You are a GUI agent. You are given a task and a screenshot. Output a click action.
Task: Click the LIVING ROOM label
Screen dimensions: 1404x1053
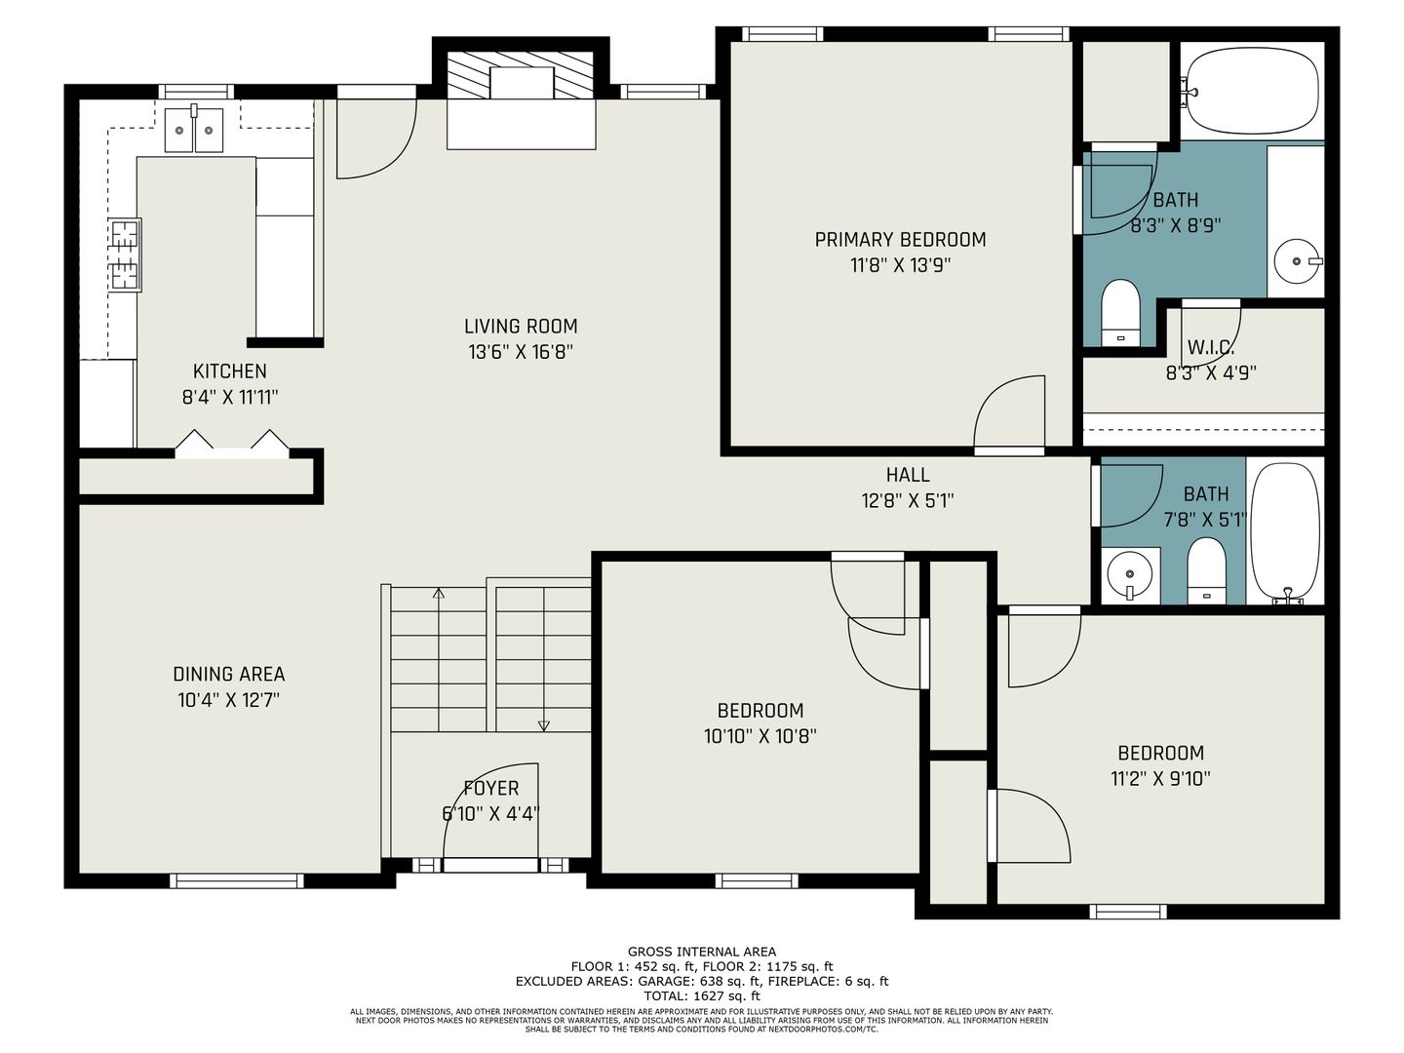(521, 327)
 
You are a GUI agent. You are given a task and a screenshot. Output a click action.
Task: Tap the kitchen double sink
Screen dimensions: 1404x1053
(194, 130)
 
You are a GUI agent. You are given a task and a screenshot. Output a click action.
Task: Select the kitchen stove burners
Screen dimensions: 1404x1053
(125, 255)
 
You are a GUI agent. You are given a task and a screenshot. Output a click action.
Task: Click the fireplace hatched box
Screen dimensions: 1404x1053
(521, 75)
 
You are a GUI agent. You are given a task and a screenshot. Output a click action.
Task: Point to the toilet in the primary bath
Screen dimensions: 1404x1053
(1121, 313)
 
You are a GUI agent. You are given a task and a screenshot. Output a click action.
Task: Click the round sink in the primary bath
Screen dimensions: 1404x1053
(1297, 261)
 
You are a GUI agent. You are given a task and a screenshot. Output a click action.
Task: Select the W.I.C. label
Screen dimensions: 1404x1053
(1211, 348)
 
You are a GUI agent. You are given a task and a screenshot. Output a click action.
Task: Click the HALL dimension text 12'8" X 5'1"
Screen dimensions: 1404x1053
(908, 500)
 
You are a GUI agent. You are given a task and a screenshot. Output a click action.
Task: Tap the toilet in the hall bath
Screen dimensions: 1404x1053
(1206, 570)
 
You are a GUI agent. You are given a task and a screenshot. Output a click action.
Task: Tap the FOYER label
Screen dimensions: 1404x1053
(491, 789)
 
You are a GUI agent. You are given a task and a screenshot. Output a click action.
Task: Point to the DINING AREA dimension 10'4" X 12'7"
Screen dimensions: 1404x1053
(229, 700)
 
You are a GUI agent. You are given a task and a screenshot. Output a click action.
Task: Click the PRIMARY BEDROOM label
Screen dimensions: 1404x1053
(900, 240)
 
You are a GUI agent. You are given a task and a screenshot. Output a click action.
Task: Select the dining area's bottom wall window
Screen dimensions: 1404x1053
(237, 881)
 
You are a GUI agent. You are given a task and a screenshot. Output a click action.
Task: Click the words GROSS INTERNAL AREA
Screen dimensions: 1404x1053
(702, 952)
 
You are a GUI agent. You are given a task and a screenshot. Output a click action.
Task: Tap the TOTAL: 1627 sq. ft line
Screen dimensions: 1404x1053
(702, 995)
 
